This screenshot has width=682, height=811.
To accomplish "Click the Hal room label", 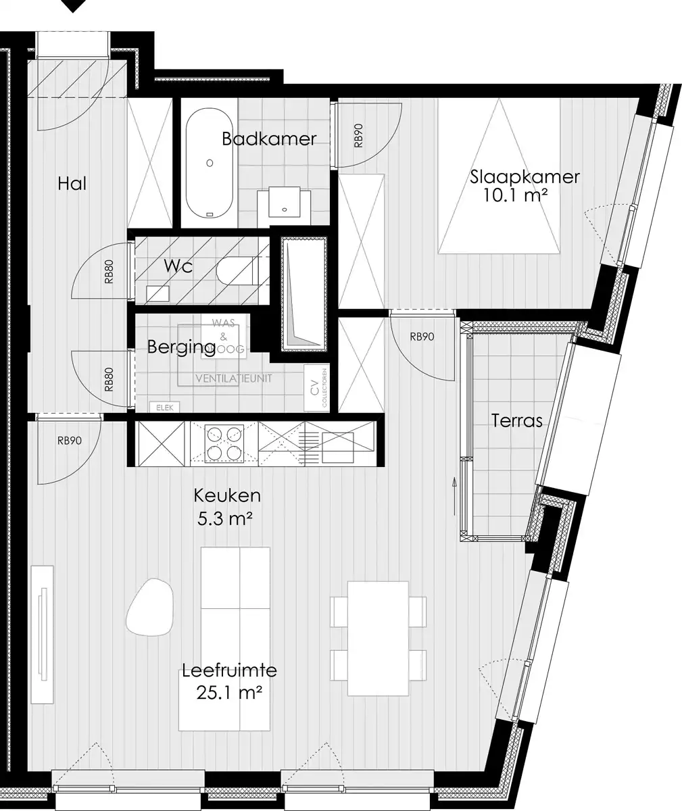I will (72, 184).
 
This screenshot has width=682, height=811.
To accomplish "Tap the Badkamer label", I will (269, 139).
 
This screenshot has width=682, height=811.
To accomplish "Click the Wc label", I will (178, 266).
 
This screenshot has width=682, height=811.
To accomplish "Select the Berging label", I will (182, 347).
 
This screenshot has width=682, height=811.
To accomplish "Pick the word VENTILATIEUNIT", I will (233, 378).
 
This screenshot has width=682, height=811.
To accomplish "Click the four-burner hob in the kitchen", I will (224, 443).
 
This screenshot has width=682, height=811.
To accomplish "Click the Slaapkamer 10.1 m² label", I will (515, 187).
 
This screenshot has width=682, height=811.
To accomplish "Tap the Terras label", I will (516, 421).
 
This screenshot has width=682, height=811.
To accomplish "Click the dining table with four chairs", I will (378, 638).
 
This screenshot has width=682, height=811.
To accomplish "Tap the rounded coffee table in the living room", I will (150, 608).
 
